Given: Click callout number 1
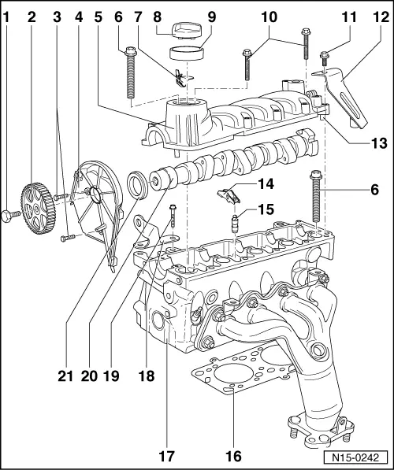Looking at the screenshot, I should click(x=6, y=15).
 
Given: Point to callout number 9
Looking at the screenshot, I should click(x=212, y=15).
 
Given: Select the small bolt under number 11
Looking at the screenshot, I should click(x=324, y=55).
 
